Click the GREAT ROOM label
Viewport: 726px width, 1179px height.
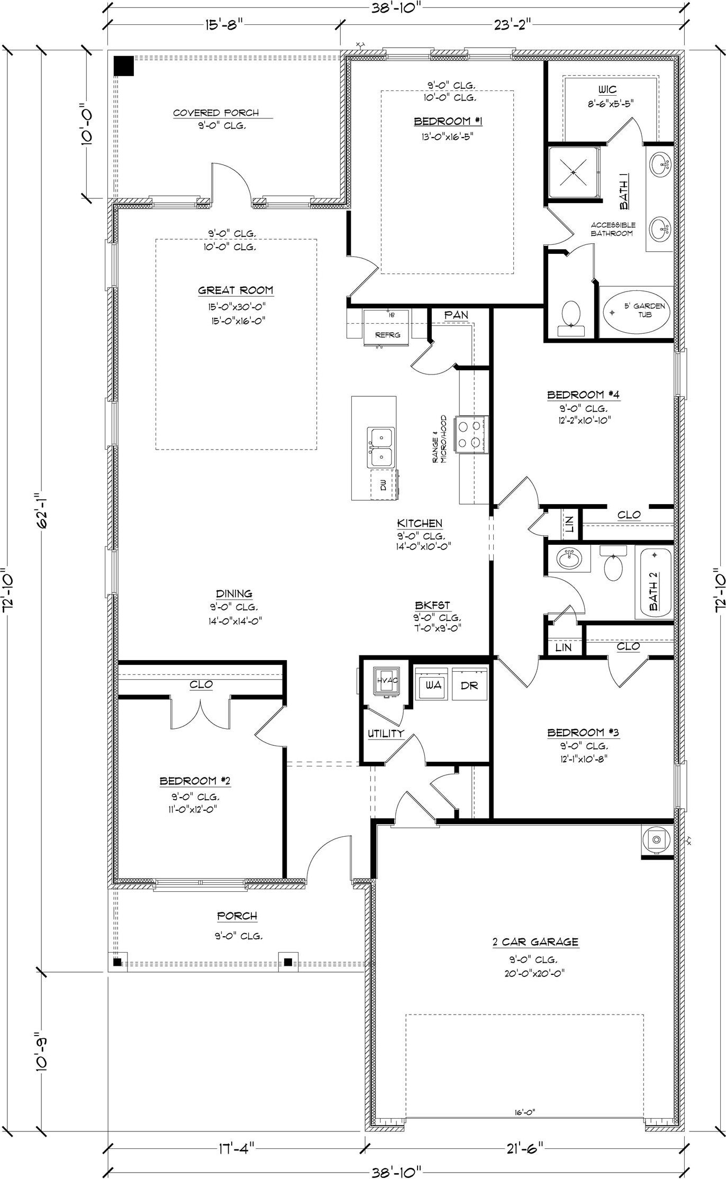point(235,290)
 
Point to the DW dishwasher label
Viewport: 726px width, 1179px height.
point(383,483)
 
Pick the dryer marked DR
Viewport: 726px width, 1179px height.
point(469,684)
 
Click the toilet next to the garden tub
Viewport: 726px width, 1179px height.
point(571,317)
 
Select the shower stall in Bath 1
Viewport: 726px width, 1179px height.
point(574,171)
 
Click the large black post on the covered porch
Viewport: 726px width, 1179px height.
point(124,66)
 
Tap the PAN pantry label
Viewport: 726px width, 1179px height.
point(456,315)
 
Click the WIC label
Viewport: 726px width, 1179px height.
point(607,89)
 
